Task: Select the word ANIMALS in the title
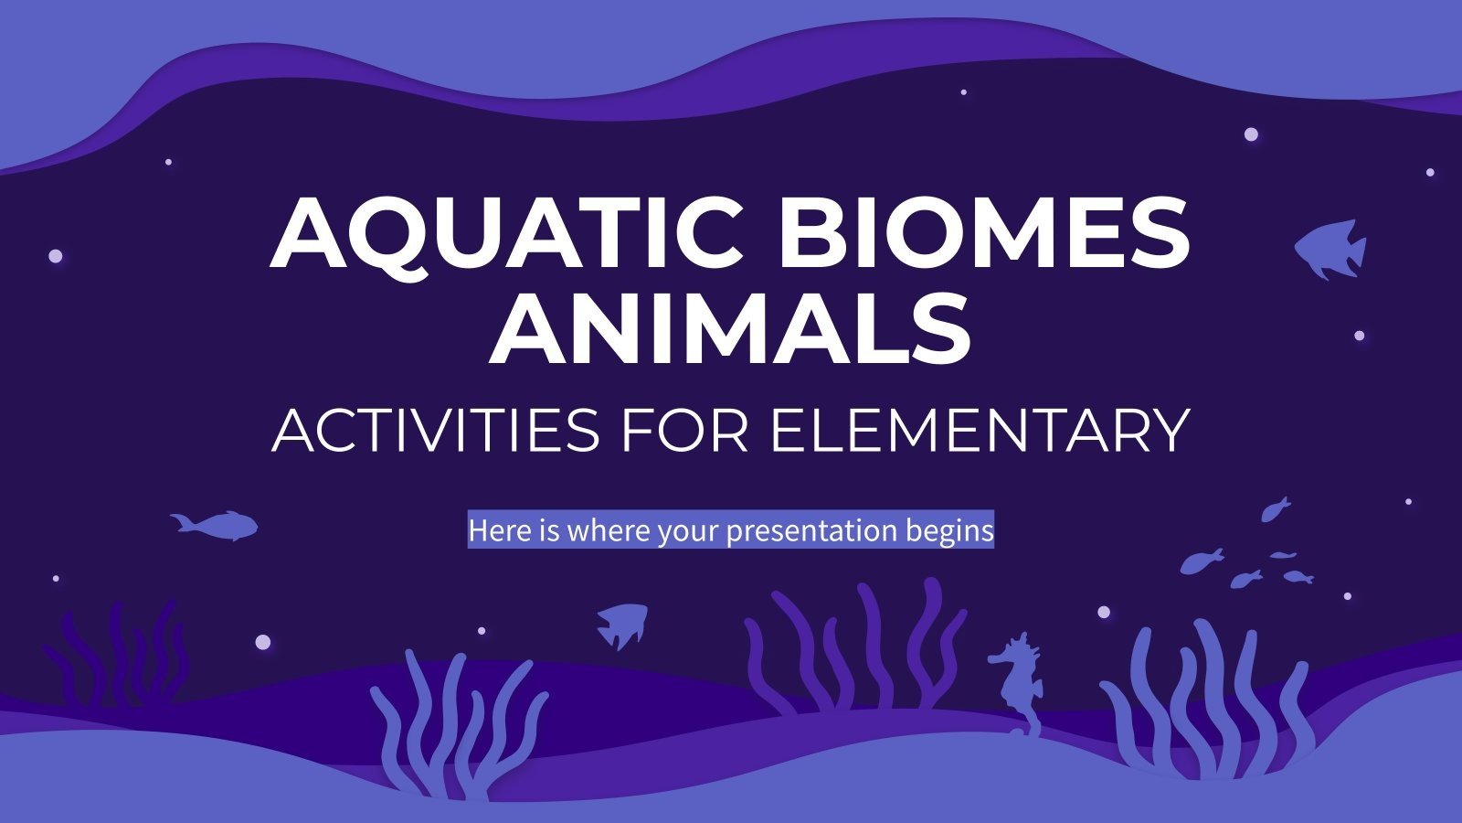tap(730, 329)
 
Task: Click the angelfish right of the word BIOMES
tap(1330, 248)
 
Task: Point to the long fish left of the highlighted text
tap(215, 525)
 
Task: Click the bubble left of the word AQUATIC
tap(56, 256)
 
